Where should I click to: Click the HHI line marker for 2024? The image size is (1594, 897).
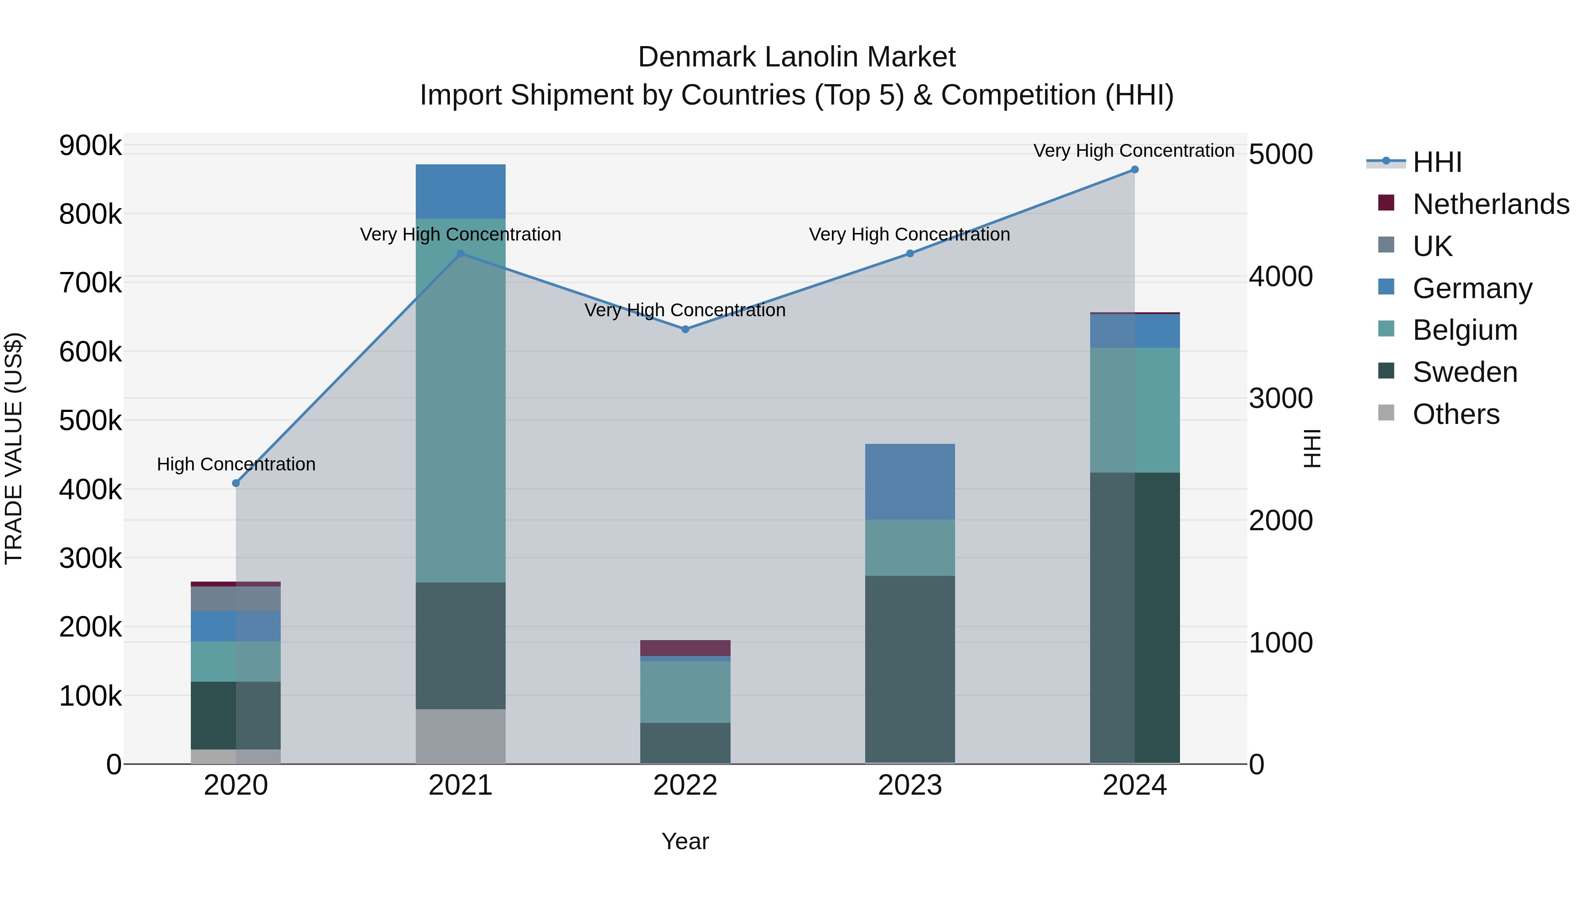click(x=1134, y=170)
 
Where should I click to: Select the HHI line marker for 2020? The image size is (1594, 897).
click(x=236, y=483)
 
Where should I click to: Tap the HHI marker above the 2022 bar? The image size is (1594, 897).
click(x=685, y=329)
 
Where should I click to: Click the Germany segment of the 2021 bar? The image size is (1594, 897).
click(x=460, y=191)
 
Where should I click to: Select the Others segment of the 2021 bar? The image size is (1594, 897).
click(x=460, y=736)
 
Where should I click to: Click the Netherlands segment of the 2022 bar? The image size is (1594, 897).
click(x=685, y=648)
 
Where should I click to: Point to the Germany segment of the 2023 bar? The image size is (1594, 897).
click(x=909, y=482)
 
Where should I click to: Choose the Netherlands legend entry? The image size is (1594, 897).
click(x=1490, y=204)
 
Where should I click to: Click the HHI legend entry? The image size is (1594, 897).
click(x=1437, y=162)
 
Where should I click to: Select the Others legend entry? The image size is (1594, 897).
click(x=1455, y=414)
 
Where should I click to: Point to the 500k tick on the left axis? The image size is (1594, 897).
click(x=90, y=421)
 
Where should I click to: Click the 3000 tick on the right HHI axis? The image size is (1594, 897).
click(x=1280, y=398)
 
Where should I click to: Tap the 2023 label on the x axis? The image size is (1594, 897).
click(x=909, y=785)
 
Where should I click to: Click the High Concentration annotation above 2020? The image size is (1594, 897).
click(x=236, y=464)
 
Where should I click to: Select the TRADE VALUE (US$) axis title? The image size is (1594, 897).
click(x=14, y=448)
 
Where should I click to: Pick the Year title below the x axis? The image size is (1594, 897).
click(x=685, y=841)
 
